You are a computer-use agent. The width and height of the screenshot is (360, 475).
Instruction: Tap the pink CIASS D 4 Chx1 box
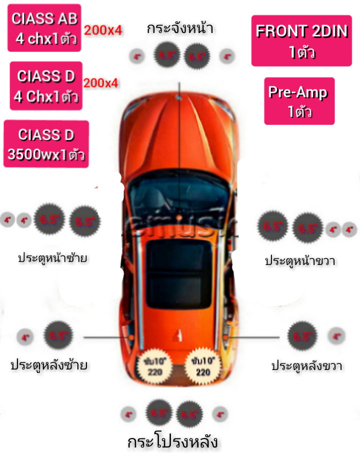(x=46, y=86)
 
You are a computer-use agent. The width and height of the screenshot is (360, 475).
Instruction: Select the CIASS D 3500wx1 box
(x=46, y=144)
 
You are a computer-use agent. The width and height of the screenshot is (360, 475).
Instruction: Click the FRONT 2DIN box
(x=301, y=40)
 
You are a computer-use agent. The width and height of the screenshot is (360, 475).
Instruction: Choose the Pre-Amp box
(x=299, y=101)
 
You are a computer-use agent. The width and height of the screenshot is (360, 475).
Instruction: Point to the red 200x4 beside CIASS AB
(x=103, y=30)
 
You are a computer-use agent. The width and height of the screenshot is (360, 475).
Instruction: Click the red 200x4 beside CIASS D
(x=101, y=83)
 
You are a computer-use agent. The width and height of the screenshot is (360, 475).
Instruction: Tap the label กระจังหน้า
(x=180, y=28)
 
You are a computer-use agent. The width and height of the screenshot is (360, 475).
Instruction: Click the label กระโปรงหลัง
(x=172, y=442)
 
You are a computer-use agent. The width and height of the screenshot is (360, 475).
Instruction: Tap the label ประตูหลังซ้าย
(x=49, y=365)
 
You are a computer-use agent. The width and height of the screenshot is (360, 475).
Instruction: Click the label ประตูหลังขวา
(x=306, y=365)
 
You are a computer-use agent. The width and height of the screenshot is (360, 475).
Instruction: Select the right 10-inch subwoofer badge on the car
(x=202, y=365)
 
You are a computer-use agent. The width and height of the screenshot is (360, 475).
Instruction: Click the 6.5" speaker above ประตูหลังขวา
(x=302, y=336)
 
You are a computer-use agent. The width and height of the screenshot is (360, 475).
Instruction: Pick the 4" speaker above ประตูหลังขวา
(x=336, y=336)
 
